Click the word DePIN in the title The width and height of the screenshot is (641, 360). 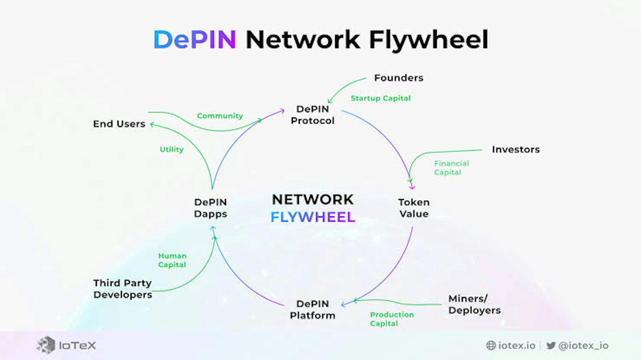pyautogui.click(x=195, y=40)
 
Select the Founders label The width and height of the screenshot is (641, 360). pyautogui.click(x=399, y=78)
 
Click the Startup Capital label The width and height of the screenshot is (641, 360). pyautogui.click(x=381, y=98)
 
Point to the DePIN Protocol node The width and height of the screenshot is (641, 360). pyautogui.click(x=312, y=115)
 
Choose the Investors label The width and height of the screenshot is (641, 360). pyautogui.click(x=516, y=149)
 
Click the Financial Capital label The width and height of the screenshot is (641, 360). pyautogui.click(x=451, y=168)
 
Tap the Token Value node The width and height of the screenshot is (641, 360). pyautogui.click(x=414, y=208)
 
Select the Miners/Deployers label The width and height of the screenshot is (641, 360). pyautogui.click(x=474, y=304)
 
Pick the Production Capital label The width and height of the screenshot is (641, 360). pyautogui.click(x=392, y=319)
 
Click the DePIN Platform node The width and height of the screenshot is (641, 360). pyautogui.click(x=312, y=310)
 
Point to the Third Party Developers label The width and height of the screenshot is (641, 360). pyautogui.click(x=123, y=289)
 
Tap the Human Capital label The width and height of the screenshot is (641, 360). pyautogui.click(x=172, y=260)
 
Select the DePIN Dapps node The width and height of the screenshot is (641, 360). pyautogui.click(x=211, y=208)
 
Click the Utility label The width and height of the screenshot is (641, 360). pyautogui.click(x=172, y=149)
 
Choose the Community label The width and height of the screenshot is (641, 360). pyautogui.click(x=220, y=116)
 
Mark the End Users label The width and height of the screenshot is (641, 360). pyautogui.click(x=119, y=124)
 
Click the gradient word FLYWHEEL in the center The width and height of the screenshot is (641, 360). pyautogui.click(x=313, y=217)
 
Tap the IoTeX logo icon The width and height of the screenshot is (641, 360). pyautogui.click(x=46, y=345)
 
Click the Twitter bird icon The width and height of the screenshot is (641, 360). pyautogui.click(x=551, y=345)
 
